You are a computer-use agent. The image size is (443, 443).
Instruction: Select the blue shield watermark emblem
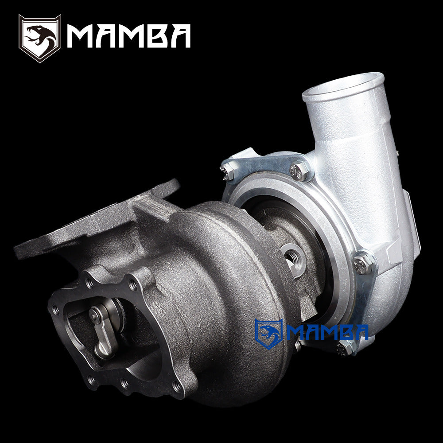pyautogui.click(x=268, y=333)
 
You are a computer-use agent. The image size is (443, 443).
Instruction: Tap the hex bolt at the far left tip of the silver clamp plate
pyautogui.click(x=227, y=171)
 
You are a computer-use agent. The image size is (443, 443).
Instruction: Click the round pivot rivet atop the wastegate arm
pyautogui.click(x=95, y=314)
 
